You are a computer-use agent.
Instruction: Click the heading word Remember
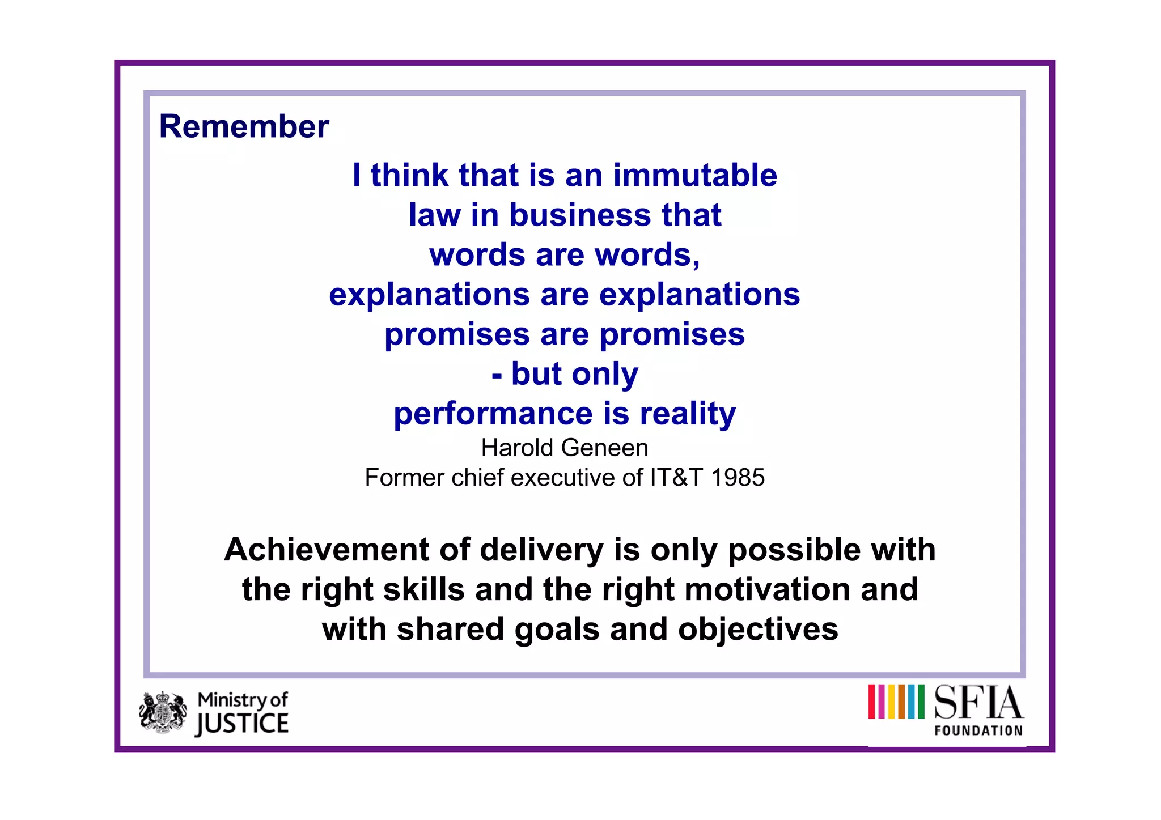[244, 126]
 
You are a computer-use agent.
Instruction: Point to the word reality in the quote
[688, 414]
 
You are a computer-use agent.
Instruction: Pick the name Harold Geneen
[565, 448]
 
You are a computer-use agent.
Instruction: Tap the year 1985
[738, 478]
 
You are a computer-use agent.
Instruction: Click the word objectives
[758, 630]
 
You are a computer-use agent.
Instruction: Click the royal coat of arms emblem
[163, 713]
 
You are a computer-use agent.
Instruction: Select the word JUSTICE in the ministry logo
[242, 724]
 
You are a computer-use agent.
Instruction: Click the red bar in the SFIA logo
[872, 702]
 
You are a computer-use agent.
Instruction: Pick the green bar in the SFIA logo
[921, 702]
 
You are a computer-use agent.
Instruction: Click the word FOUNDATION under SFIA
[978, 731]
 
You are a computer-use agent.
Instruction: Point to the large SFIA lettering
[978, 703]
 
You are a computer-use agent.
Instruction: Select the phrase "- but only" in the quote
[565, 374]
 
